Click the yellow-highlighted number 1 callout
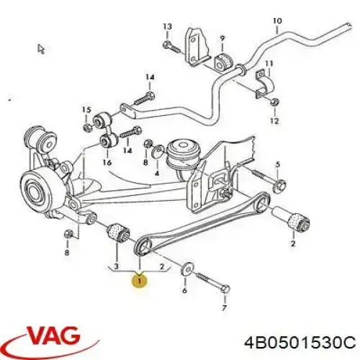tap(140, 280)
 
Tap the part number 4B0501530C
tap(300, 342)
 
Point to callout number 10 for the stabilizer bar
tap(277, 21)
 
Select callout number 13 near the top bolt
tap(168, 27)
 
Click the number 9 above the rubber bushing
tap(222, 38)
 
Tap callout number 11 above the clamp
tap(269, 63)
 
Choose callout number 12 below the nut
tap(274, 121)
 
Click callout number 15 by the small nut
tap(86, 110)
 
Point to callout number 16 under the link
tap(107, 163)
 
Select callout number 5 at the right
tap(277, 165)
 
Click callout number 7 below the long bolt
tap(224, 307)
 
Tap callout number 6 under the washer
tap(184, 290)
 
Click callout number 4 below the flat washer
tap(156, 173)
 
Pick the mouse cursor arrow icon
tap(41, 49)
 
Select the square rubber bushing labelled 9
tap(222, 61)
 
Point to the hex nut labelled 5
tap(280, 184)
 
